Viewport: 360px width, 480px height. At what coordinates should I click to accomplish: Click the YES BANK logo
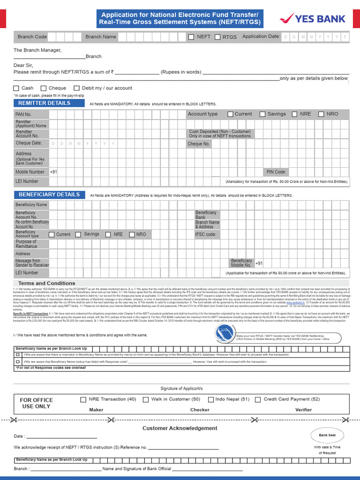(x=312, y=19)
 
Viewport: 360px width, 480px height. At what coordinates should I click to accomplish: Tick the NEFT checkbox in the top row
(x=191, y=37)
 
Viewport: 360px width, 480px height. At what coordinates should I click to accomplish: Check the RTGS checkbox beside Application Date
(x=217, y=37)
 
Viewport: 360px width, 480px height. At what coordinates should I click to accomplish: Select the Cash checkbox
(x=16, y=88)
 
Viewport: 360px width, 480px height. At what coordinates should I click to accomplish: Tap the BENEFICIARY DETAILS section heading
(x=49, y=195)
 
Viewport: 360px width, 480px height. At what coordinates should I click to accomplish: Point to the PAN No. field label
(x=23, y=114)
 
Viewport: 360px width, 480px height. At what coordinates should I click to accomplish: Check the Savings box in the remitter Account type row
(x=262, y=114)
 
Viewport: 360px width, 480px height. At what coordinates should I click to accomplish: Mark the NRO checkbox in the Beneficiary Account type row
(x=132, y=234)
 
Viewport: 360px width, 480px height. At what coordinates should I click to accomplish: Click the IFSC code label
(x=205, y=234)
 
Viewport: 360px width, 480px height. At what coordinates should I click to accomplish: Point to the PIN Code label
(x=276, y=172)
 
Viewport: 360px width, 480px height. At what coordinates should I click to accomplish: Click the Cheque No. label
(x=199, y=144)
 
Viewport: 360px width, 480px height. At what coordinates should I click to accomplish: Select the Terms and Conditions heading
(x=46, y=283)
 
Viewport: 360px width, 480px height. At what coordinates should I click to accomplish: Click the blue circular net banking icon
(x=226, y=334)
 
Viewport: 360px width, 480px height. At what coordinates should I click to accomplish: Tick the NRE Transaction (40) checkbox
(x=83, y=399)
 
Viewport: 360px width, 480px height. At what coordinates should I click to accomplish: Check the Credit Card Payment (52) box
(x=258, y=399)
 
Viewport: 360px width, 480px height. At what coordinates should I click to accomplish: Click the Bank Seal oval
(x=327, y=435)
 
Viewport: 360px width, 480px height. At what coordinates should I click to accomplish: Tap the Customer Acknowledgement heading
(x=180, y=428)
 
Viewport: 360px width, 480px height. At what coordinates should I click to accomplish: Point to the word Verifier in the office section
(x=303, y=410)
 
